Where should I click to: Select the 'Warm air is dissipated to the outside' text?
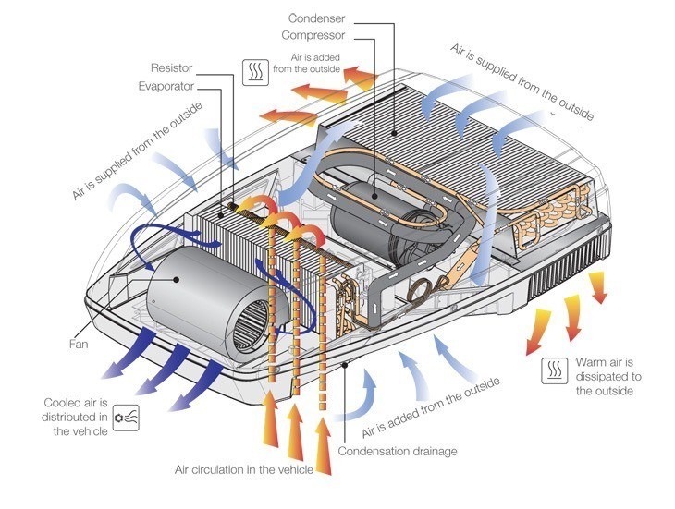608,376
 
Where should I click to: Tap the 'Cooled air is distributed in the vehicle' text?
76,416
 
